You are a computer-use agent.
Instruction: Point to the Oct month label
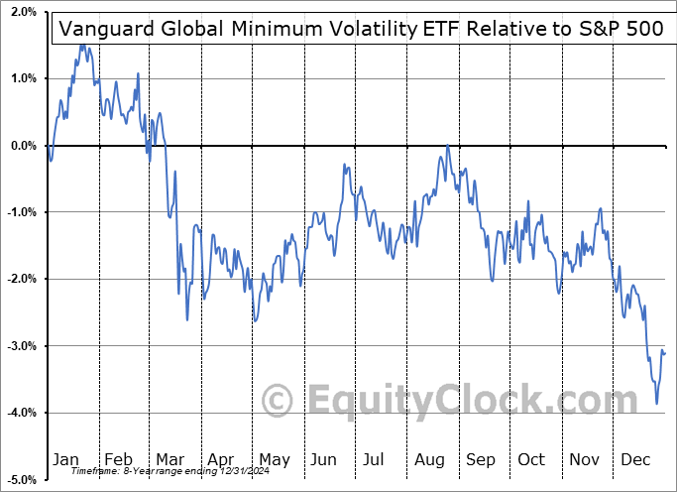pyautogui.click(x=532, y=459)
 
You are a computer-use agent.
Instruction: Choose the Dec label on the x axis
pyautogui.click(x=636, y=459)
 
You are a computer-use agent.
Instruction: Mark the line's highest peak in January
pyautogui.click(x=82, y=45)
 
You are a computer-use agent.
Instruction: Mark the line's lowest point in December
pyautogui.click(x=656, y=403)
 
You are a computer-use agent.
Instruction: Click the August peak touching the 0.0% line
pyautogui.click(x=448, y=146)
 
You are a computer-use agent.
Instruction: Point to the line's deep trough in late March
pyautogui.click(x=187, y=319)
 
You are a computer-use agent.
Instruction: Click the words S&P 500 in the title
pyautogui.click(x=616, y=29)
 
